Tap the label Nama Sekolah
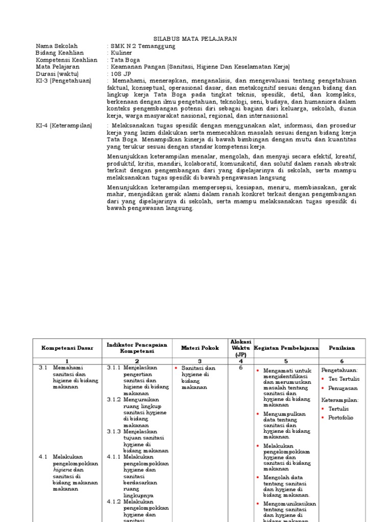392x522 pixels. (57, 46)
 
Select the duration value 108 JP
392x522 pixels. (121, 74)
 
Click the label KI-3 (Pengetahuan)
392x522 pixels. (63, 81)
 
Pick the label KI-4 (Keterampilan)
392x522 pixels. (64, 125)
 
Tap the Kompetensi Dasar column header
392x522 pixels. (67, 348)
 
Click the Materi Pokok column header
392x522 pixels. (200, 348)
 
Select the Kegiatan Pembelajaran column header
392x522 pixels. (286, 348)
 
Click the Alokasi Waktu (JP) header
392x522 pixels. (240, 348)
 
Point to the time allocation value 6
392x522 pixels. (240, 368)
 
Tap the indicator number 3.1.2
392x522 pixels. (114, 400)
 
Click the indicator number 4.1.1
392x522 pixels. (114, 457)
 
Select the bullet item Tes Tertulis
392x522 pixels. (344, 379)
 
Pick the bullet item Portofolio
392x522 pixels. (341, 417)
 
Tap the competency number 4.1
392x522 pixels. (43, 457)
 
